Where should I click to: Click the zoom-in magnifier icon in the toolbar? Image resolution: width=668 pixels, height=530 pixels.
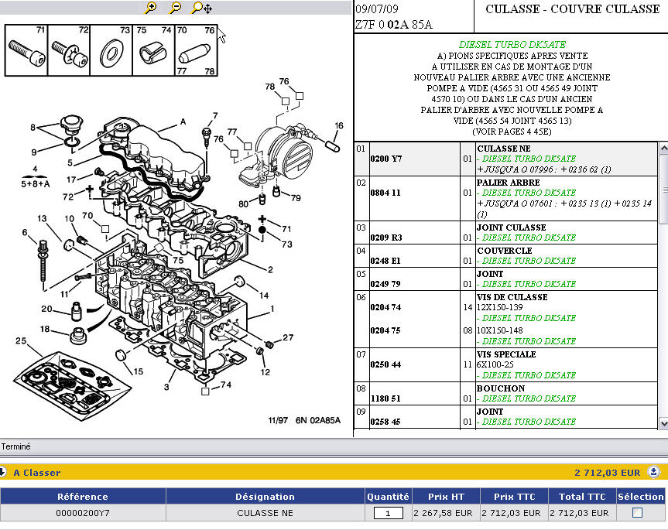coord(151,8)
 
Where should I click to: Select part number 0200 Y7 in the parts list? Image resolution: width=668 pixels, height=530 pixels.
coord(385,159)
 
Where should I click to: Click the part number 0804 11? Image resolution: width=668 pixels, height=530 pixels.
coord(385,193)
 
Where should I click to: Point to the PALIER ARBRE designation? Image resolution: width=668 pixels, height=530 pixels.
coord(509,183)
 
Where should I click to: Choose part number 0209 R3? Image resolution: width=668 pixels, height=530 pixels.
coord(385,238)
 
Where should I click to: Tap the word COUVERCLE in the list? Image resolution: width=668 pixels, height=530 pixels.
coord(504,251)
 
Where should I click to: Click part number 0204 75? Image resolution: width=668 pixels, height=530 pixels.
coord(385,330)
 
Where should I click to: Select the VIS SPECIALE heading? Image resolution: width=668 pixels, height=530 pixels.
coord(512,354)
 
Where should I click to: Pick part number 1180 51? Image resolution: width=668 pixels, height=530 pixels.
coord(385,398)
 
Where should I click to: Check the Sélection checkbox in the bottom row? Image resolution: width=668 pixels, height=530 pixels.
coord(637,512)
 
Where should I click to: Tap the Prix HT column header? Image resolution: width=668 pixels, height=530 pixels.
coord(447,496)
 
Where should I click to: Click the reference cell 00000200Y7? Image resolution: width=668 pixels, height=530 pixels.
coord(83,513)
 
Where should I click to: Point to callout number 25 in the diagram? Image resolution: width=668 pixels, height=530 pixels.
coord(21,341)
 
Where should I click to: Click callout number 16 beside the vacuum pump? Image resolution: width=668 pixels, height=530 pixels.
coord(338,125)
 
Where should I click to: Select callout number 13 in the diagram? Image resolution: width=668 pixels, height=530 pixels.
coord(42,218)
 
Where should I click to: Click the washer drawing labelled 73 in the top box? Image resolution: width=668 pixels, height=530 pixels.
coord(112,55)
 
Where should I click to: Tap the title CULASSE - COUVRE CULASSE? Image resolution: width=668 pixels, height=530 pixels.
coord(572,9)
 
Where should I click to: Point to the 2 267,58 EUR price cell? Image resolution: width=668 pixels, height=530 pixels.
coord(442,513)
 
